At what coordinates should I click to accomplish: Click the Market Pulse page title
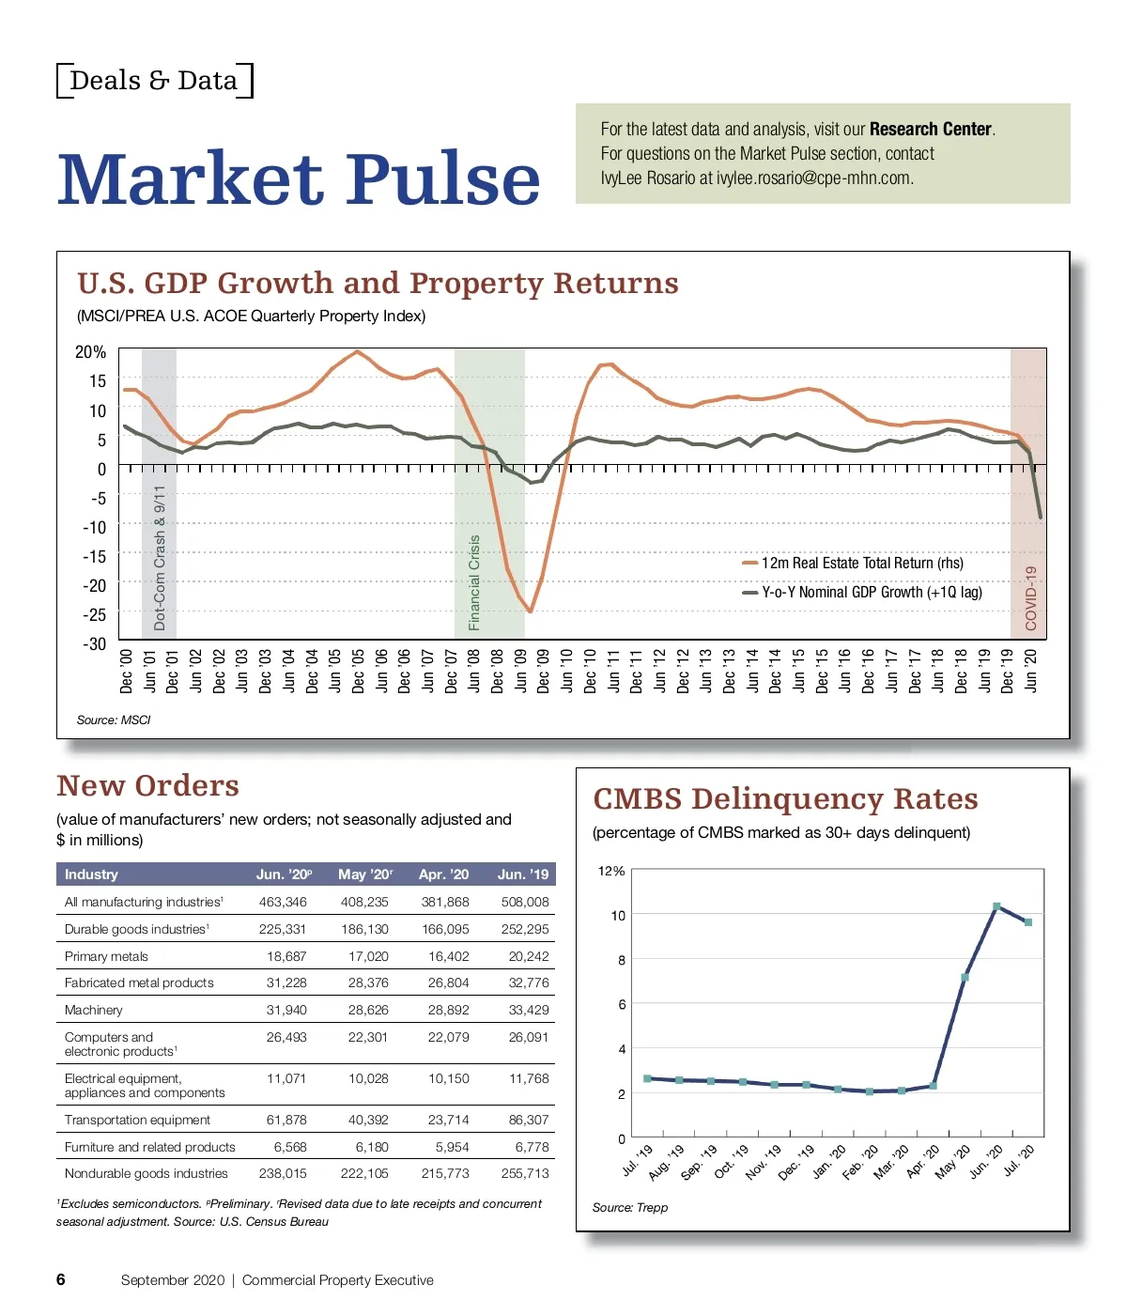[x=299, y=178]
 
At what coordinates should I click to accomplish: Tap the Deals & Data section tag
[x=154, y=81]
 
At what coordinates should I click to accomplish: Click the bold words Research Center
[x=930, y=130]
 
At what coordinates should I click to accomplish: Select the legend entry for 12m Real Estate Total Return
[x=861, y=564]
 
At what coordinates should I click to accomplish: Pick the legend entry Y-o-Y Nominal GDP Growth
[x=871, y=593]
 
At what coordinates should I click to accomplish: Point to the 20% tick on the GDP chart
[x=90, y=352]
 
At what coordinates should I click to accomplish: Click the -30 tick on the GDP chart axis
[x=95, y=644]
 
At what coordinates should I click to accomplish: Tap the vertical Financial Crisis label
[x=474, y=582]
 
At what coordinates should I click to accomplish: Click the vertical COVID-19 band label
[x=1030, y=597]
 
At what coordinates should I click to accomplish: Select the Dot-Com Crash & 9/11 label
[x=160, y=557]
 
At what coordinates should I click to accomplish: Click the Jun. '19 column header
[x=523, y=874]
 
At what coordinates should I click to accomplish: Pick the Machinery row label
[x=94, y=1011]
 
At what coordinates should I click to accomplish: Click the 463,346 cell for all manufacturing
[x=283, y=903]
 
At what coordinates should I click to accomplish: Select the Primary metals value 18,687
[x=286, y=957]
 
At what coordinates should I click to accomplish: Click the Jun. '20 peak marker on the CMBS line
[x=996, y=906]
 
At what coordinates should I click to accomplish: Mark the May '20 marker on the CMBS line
[x=965, y=978]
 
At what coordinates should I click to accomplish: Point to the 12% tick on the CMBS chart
[x=610, y=872]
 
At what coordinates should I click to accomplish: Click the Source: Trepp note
[x=629, y=1208]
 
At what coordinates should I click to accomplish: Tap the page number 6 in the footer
[x=61, y=1279]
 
